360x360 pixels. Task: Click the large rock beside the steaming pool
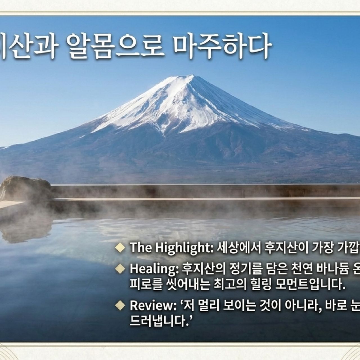coord(25,187)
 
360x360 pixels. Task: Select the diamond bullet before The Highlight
coord(120,247)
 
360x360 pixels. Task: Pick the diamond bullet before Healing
coord(120,269)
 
